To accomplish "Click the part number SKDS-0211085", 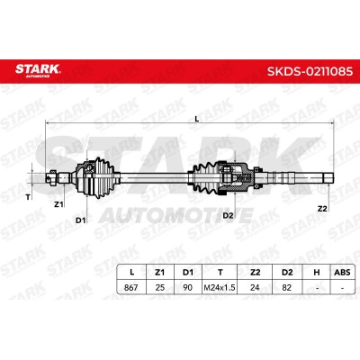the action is pos(310,72).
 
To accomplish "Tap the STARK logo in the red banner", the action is pos(38,70).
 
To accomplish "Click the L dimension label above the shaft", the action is pos(197,119).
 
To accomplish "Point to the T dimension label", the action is pos(28,197).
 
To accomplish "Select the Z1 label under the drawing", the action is pos(58,204).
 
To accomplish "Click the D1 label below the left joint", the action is pos(80,220).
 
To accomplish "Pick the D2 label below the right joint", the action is pos(228,215).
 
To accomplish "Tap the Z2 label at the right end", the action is pos(322,209).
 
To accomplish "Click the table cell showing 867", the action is pos(131,287).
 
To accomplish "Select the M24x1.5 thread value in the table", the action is pos(220,287).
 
